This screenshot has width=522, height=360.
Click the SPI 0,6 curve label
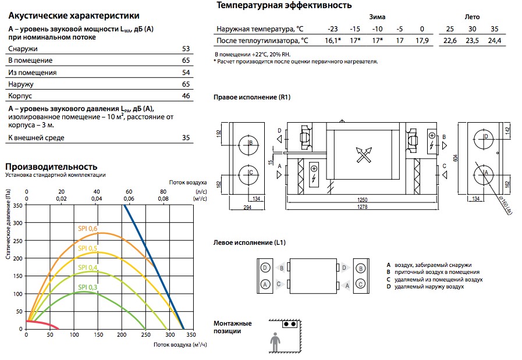(x=87, y=229)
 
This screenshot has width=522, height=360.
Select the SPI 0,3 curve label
(x=87, y=287)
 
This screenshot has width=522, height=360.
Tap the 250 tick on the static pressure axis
(x=17, y=241)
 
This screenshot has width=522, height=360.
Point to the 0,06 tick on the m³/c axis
(x=129, y=199)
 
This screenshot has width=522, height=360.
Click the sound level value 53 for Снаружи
(x=186, y=49)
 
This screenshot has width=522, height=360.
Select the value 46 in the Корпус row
(x=186, y=96)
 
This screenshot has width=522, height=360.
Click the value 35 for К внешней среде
(x=186, y=138)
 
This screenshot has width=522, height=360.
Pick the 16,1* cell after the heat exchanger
(x=333, y=41)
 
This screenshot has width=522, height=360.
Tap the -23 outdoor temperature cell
(x=332, y=29)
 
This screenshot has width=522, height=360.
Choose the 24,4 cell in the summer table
(x=495, y=41)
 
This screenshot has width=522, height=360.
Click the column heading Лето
(x=472, y=17)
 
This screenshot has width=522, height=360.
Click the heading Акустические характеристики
(x=74, y=16)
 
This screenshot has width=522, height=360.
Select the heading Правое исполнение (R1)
(x=252, y=97)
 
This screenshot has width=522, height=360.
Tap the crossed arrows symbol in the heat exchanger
(x=364, y=155)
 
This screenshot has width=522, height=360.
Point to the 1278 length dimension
(x=362, y=207)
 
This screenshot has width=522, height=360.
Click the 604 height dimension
(x=456, y=158)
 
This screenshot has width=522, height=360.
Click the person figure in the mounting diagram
(x=275, y=342)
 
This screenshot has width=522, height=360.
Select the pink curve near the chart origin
(x=42, y=324)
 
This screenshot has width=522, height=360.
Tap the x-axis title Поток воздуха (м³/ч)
(x=180, y=345)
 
